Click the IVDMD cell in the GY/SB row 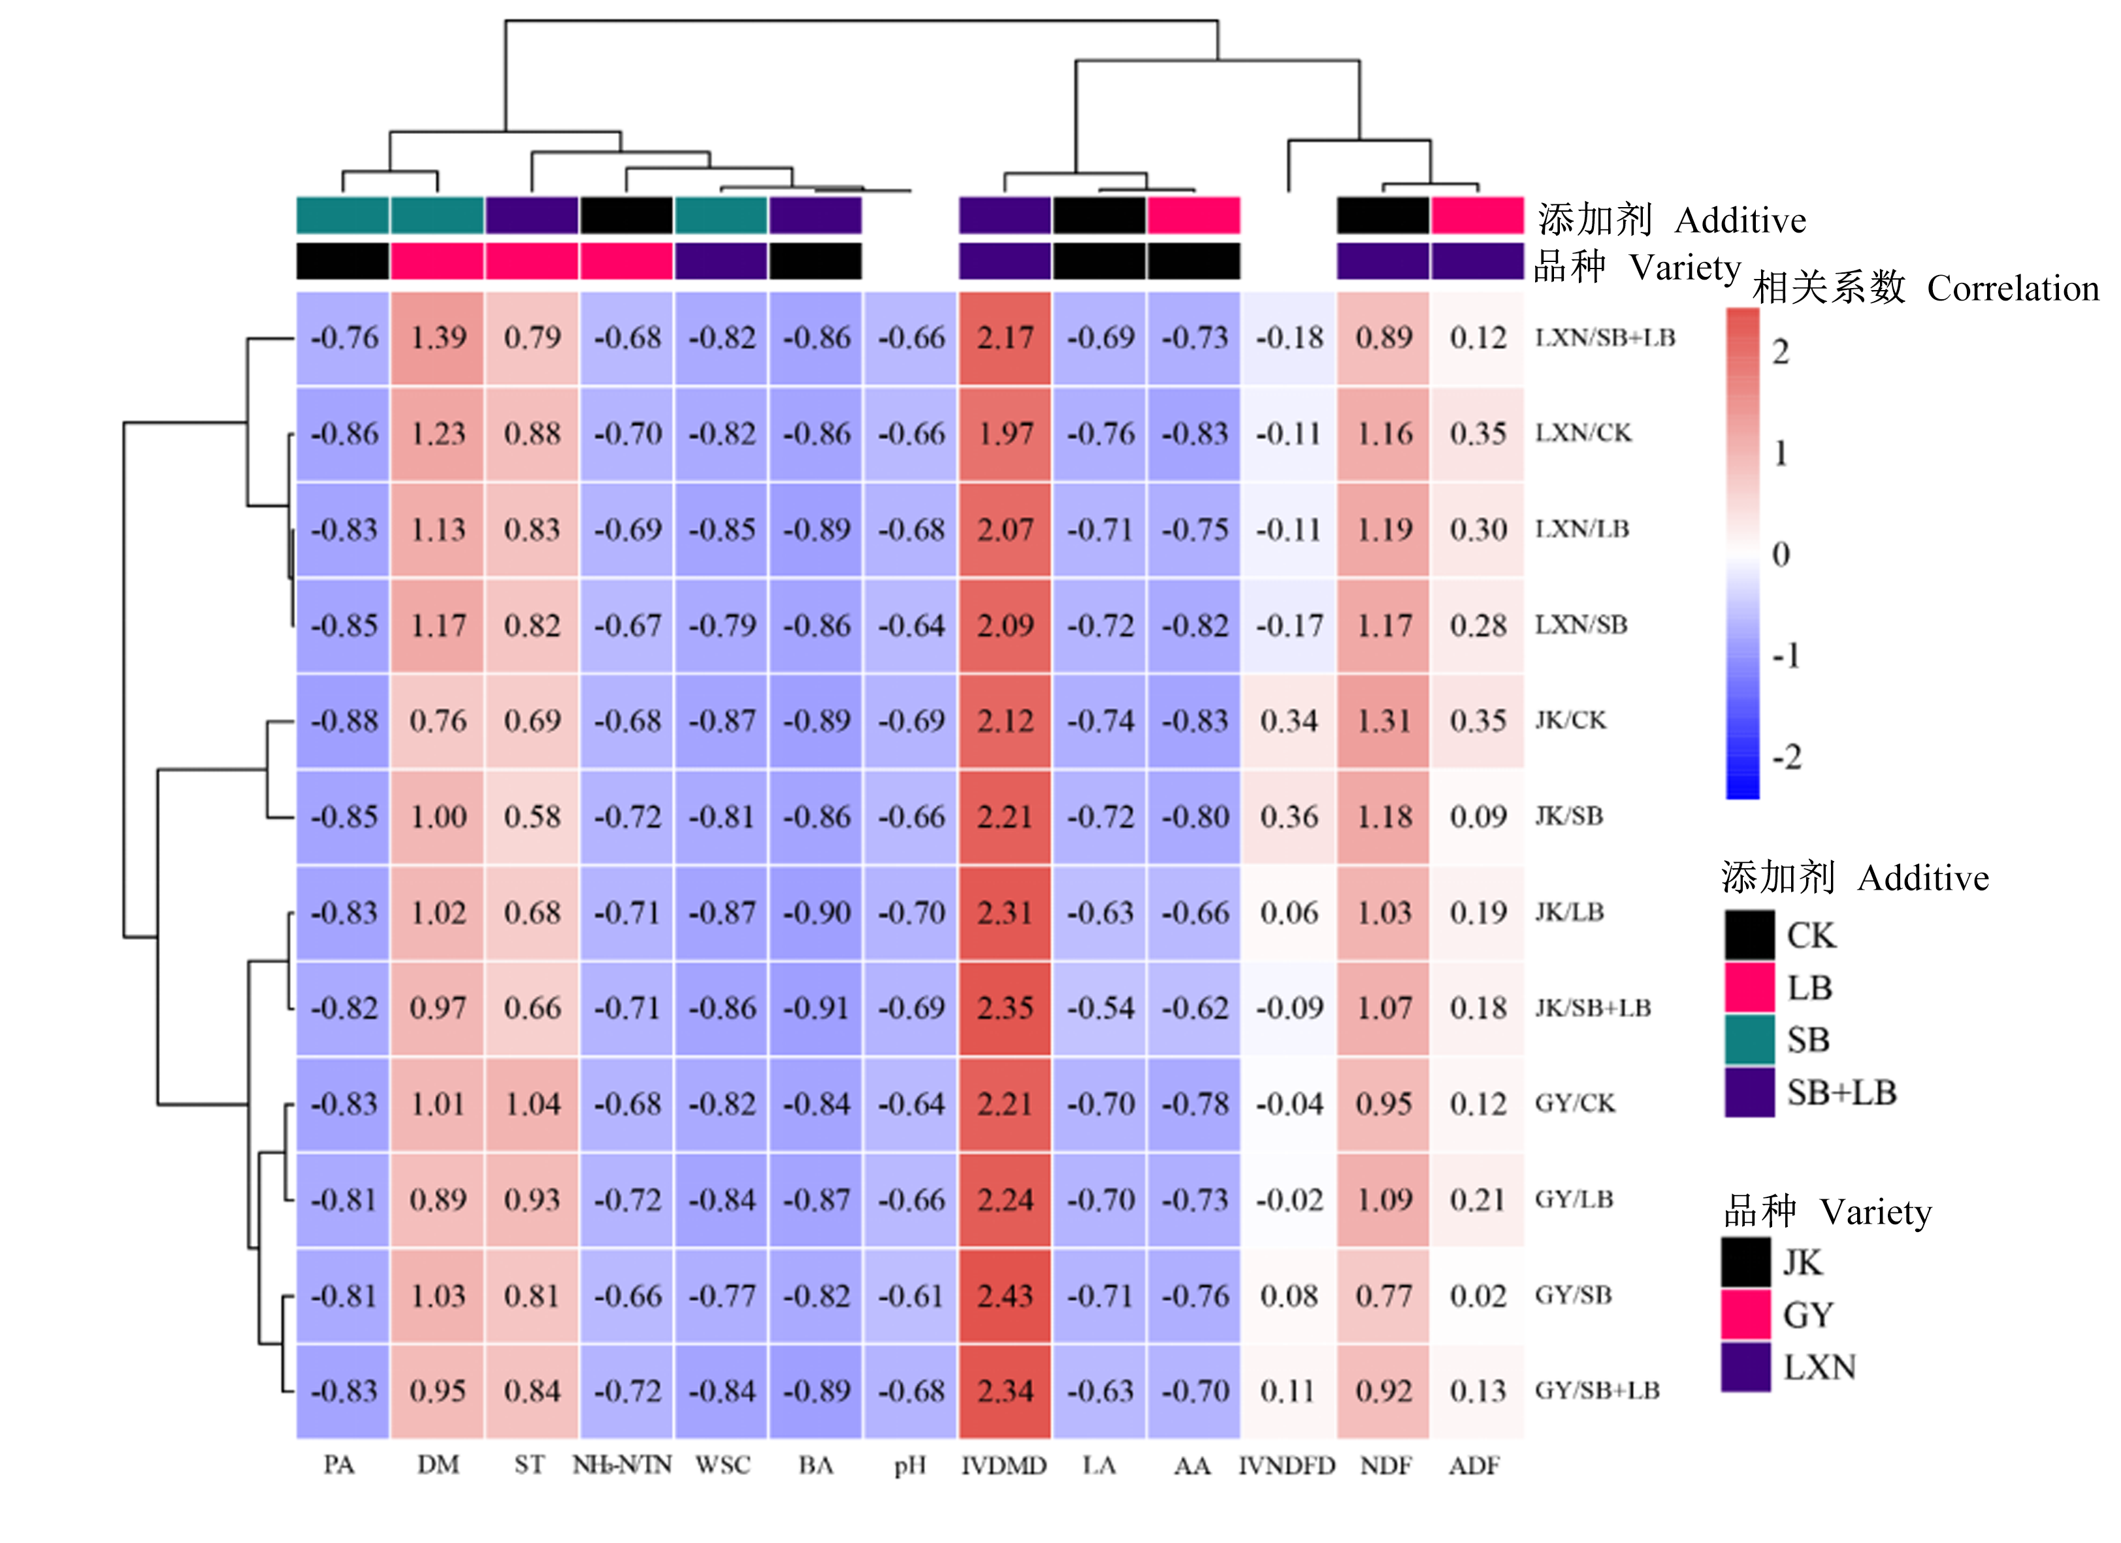(x=1005, y=1295)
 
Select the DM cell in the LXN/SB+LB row (x=438, y=338)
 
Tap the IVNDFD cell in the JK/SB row (x=1289, y=817)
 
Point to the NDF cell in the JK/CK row (x=1383, y=721)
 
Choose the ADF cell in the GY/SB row (x=1478, y=1295)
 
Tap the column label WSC (x=722, y=1465)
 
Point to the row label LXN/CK (x=1583, y=433)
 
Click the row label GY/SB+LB (x=1597, y=1391)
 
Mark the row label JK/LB (x=1569, y=912)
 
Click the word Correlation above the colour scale (x=2013, y=288)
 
